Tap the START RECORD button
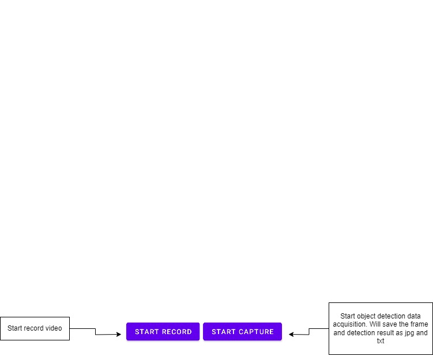point(163,331)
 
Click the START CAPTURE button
point(243,331)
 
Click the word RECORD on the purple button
point(177,332)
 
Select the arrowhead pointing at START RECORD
point(119,334)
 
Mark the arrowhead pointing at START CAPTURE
point(291,334)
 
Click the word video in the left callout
point(54,328)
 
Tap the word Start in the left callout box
point(14,328)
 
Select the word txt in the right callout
point(381,341)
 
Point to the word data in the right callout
point(413,316)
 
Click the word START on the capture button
point(223,332)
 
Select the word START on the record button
point(146,332)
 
